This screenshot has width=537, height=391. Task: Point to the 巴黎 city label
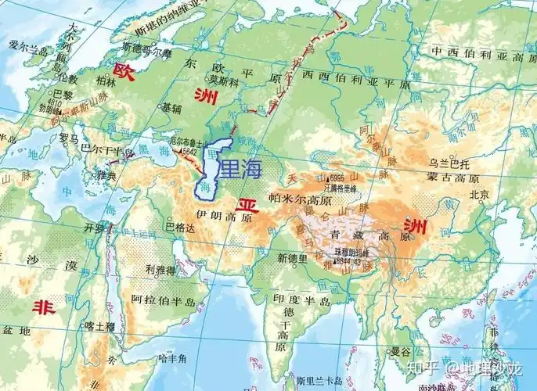pos(63,95)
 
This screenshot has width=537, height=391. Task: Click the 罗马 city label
pos(68,137)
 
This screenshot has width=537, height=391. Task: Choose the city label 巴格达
pos(179,228)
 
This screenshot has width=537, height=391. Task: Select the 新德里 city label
pos(294,257)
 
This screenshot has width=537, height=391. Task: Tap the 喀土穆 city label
pos(99,325)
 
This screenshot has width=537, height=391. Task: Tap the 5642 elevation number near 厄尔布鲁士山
pos(189,151)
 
